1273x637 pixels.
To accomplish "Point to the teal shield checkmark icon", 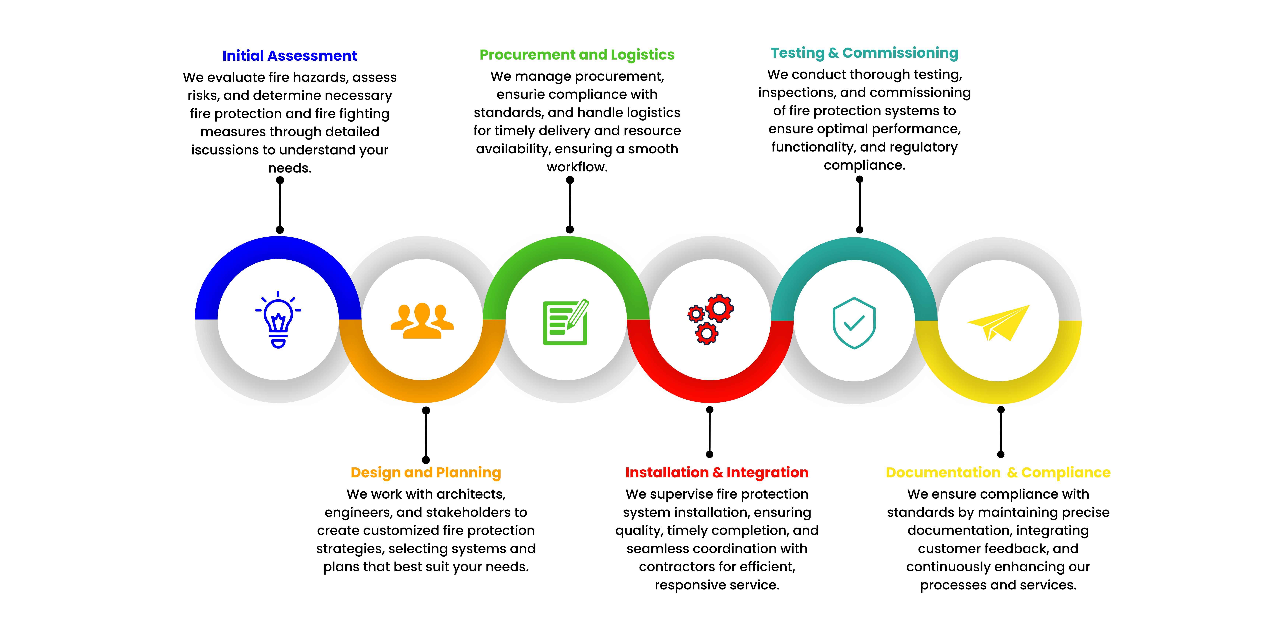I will pos(854,323).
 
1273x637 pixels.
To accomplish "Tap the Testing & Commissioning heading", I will pos(864,53).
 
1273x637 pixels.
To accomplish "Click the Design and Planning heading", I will pos(425,472).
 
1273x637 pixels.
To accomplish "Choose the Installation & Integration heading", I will pos(717,472).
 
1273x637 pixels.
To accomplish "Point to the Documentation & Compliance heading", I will pos(998,472).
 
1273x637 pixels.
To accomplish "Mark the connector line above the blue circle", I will pos(280,205).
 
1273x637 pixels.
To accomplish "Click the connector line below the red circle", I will pos(710,432).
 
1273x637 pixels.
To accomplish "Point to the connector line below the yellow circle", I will pos(1001,432).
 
